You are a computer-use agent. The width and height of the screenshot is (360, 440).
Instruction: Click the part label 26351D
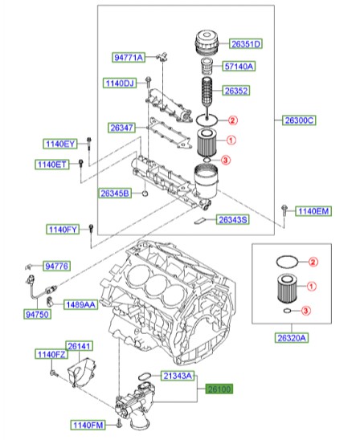pos(247,43)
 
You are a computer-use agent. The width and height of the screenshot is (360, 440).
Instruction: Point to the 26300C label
pos(299,120)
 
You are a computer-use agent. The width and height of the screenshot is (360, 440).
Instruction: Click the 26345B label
pos(116,194)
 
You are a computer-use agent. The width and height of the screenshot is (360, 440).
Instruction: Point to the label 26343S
pos(232,219)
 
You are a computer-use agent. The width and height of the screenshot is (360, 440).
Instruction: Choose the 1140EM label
pos(313,211)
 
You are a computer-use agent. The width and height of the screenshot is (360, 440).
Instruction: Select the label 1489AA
pos(80,305)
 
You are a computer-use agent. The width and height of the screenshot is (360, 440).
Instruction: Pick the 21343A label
pos(177,376)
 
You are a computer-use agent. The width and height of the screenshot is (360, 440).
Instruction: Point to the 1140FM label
pos(87,424)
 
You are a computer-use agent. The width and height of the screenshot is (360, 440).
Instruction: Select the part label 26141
pos(79,345)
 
